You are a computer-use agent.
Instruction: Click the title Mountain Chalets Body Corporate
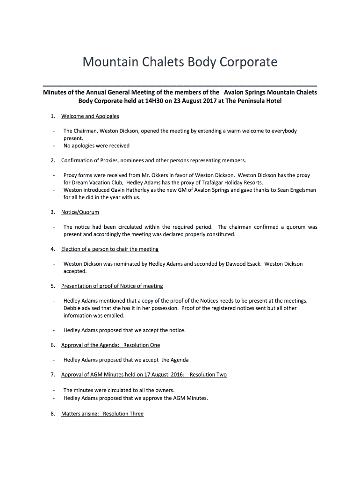[180, 62]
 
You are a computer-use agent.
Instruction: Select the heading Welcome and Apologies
[90, 116]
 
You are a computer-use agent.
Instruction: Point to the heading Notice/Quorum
[80, 212]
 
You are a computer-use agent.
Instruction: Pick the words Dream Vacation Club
[97, 182]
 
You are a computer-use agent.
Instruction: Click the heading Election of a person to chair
[110, 249]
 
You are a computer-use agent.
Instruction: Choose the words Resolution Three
[123, 414]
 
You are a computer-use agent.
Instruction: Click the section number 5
[53, 286]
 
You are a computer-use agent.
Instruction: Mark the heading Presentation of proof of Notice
[112, 286]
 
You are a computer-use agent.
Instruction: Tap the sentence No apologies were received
[96, 145]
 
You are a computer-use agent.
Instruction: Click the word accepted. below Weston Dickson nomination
[75, 271]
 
